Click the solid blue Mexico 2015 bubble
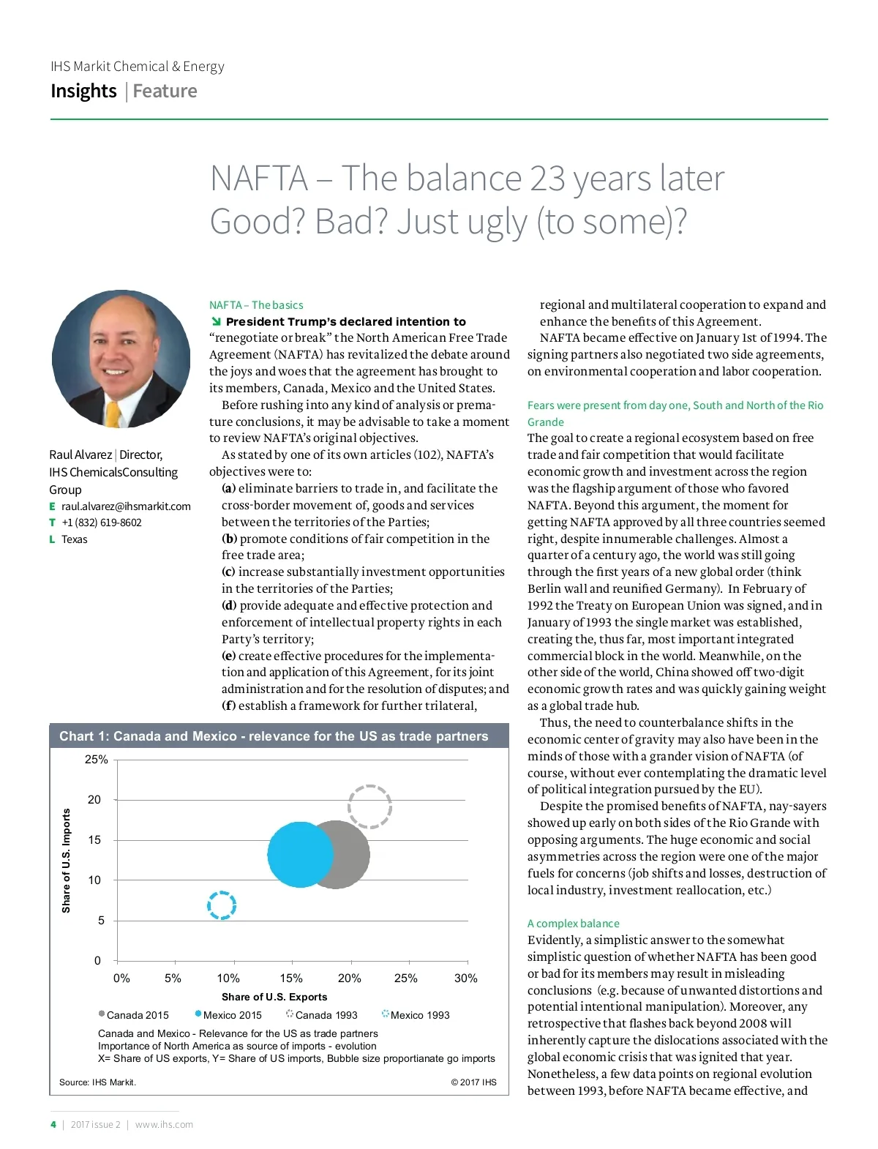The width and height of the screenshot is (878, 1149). (300, 854)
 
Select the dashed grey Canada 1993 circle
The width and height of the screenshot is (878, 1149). (369, 806)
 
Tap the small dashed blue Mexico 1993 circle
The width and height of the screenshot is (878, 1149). (221, 905)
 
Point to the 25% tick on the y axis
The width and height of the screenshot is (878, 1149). (96, 760)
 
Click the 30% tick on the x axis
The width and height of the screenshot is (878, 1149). (465, 978)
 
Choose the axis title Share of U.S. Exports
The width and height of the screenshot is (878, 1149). (274, 997)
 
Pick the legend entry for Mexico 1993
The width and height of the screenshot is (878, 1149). (419, 1015)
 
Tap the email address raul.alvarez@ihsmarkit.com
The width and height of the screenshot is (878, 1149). (126, 506)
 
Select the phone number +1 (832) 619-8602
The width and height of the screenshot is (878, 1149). (102, 523)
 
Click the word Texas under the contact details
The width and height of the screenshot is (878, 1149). (74, 539)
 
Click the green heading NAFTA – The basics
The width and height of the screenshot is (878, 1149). (256, 305)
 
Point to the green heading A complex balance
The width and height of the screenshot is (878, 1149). (573, 924)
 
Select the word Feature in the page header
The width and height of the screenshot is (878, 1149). (165, 91)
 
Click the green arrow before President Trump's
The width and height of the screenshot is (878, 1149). (216, 322)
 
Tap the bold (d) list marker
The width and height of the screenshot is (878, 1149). (229, 606)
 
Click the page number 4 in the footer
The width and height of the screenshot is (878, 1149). (53, 1125)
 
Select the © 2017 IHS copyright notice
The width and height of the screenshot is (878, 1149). (473, 1082)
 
